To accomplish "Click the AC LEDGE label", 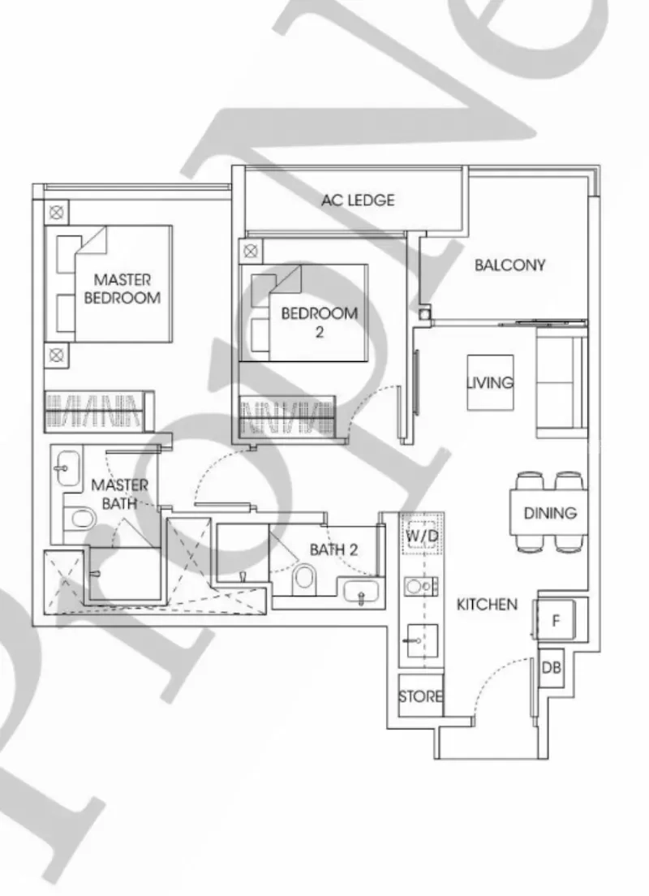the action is pos(358,200).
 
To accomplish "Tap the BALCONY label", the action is pos(509,265).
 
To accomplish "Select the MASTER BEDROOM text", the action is pos(122,289).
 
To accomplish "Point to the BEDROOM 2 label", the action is pos(320,321).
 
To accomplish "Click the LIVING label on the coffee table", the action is pos(490,382).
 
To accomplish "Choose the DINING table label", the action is pos(550,513).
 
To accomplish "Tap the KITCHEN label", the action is pos(487,604).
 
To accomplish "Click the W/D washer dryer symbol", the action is pos(422,536).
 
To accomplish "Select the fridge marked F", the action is pos(555,619).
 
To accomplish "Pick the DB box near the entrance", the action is pos(552,667).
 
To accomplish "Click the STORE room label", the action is pos(420,696).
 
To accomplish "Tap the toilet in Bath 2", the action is pos(303,579).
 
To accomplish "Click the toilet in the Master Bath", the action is pos(80,519).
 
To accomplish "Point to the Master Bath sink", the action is pos(67,468).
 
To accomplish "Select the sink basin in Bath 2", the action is pos(360,592).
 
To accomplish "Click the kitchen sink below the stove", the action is pos(422,641).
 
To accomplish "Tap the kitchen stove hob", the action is pos(421,587).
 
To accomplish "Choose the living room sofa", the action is pos(561,387).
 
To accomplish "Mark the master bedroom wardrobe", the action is pos(99,411).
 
